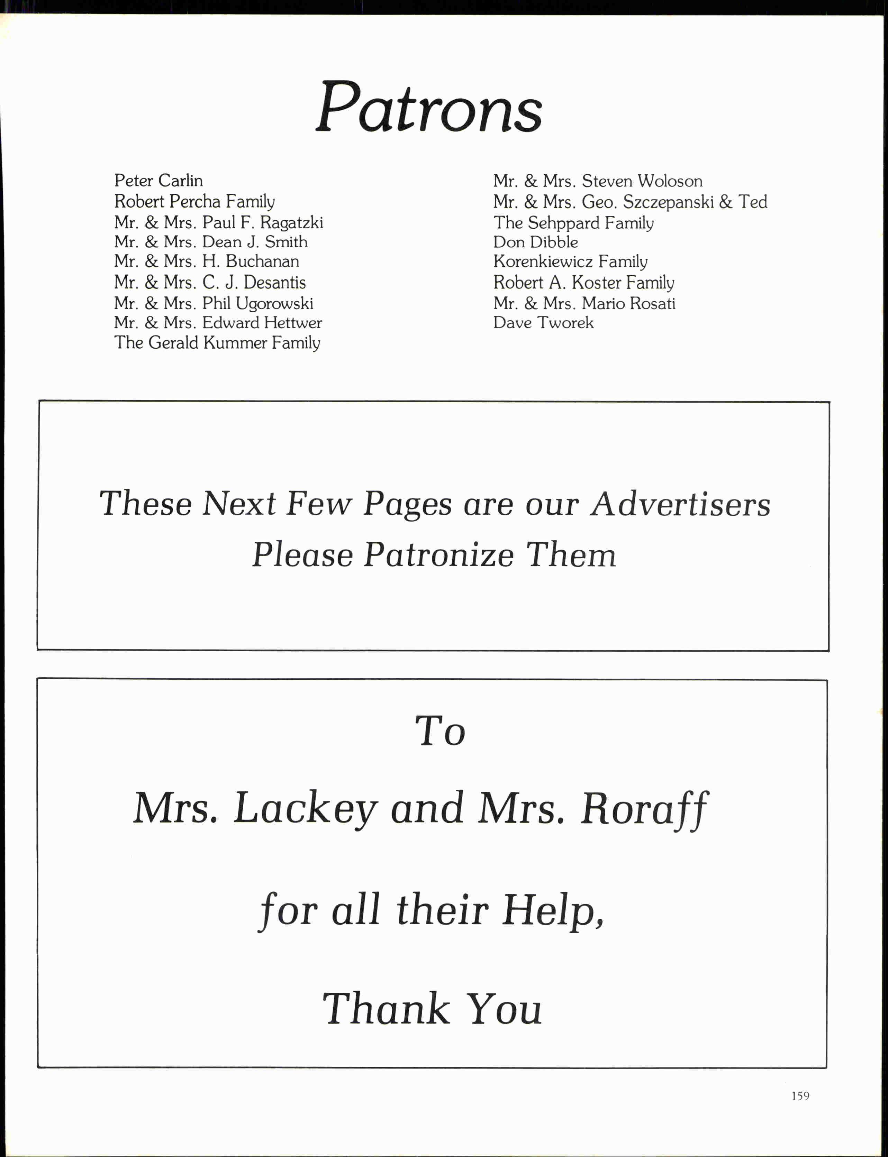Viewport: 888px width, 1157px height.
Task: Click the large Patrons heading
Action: coord(429,108)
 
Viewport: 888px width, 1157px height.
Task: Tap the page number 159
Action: coord(800,1096)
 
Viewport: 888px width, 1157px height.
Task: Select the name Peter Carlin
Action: coord(158,181)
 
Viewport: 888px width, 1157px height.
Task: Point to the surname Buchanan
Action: coord(262,261)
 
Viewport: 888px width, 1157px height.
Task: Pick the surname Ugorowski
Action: coord(274,304)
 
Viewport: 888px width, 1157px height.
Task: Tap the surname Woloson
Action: coord(670,181)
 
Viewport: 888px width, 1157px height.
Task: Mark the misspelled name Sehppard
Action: coord(563,223)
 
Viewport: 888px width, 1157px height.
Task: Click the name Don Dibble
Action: coord(535,242)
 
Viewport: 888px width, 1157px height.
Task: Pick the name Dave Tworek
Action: coord(543,323)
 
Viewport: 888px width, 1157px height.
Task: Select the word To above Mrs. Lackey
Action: coord(440,731)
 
